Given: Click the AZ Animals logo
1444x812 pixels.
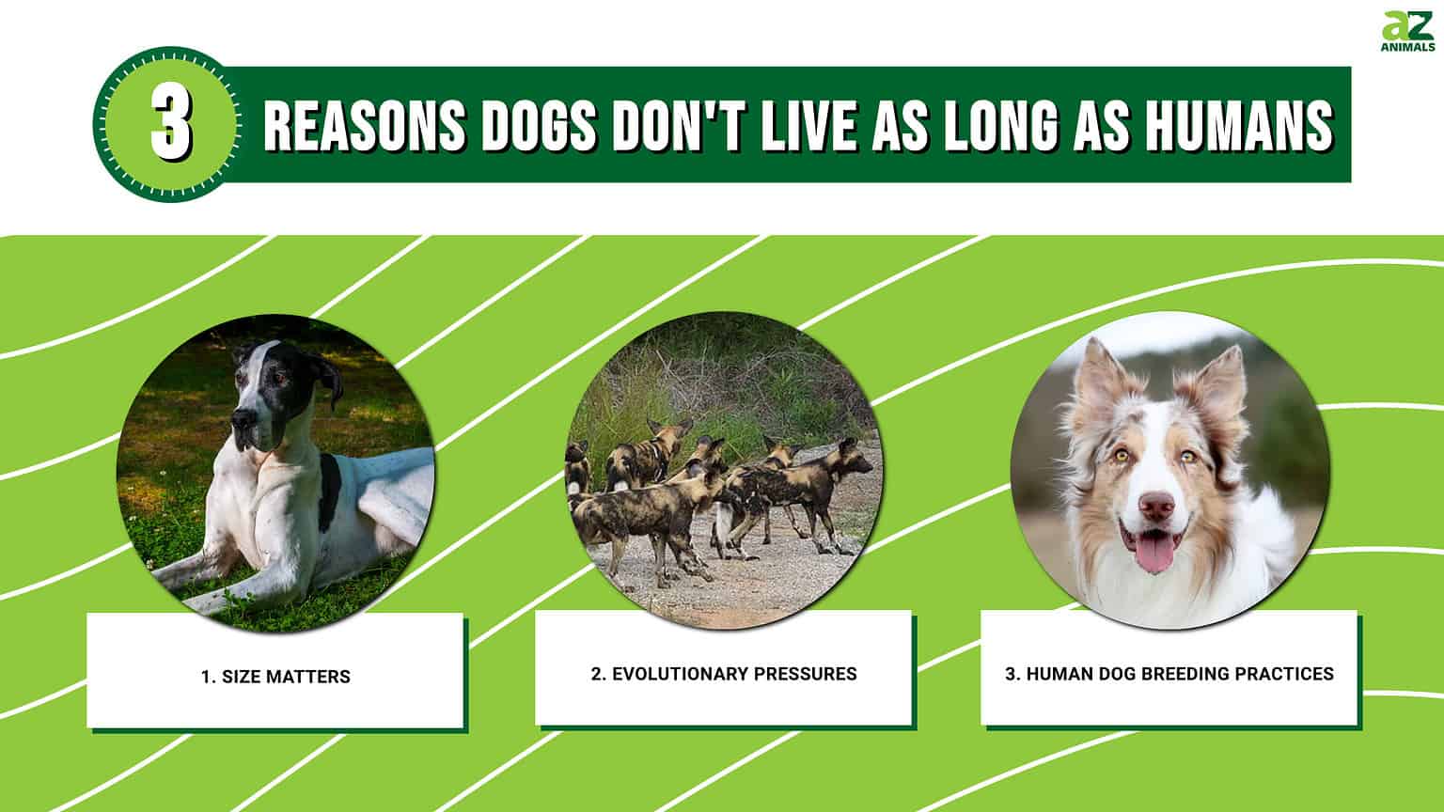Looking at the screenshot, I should [1407, 33].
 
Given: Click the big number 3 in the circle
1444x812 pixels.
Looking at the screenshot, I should [170, 126].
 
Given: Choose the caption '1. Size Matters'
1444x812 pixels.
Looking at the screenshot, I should [275, 677].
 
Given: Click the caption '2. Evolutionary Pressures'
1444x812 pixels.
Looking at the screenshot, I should [724, 674].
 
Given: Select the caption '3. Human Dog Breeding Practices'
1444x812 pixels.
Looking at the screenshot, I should [1169, 674].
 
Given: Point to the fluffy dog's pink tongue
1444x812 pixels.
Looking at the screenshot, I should [1154, 553].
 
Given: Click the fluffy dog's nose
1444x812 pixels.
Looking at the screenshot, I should [1156, 507].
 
